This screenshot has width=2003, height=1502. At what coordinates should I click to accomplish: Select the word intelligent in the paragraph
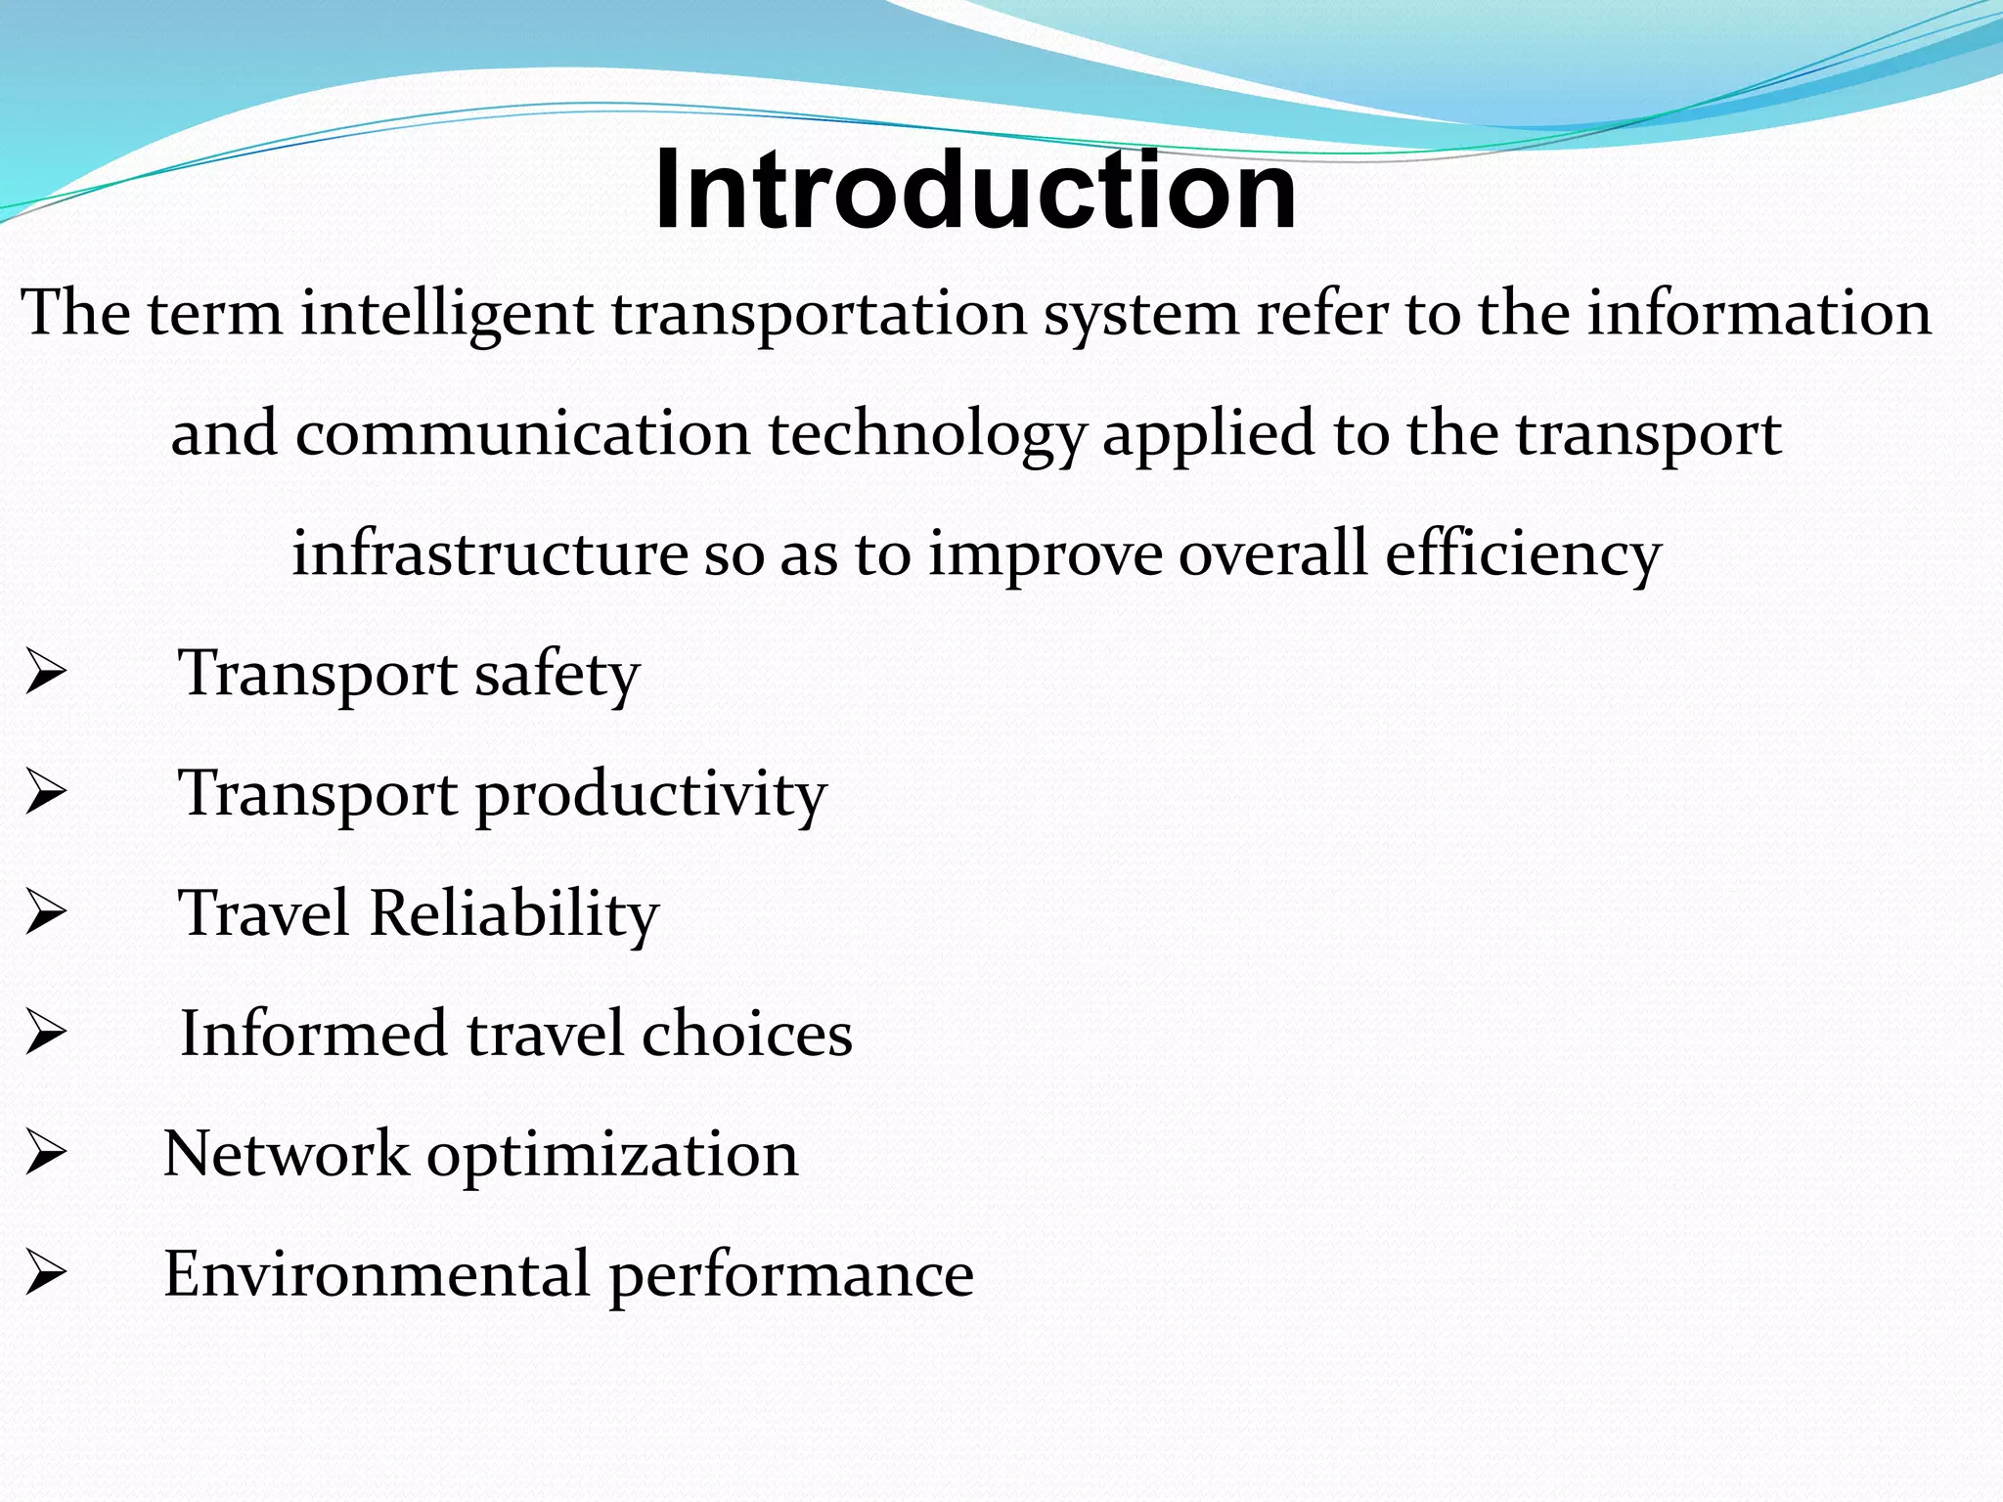click(446, 315)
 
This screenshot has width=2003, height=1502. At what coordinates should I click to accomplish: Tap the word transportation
click(819, 315)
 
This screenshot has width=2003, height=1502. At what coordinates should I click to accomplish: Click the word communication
click(522, 434)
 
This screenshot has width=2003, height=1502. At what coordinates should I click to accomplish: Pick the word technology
click(926, 436)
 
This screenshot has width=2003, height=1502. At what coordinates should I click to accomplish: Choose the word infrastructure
click(489, 553)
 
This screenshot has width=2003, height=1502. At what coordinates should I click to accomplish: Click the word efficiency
click(1523, 555)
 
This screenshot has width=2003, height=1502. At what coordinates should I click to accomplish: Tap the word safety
click(556, 676)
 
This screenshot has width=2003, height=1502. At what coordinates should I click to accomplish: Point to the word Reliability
click(514, 914)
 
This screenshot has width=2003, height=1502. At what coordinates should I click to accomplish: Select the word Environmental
click(377, 1274)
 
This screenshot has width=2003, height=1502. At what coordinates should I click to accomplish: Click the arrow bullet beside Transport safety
click(45, 675)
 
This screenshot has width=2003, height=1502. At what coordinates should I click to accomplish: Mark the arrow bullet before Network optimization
click(45, 1154)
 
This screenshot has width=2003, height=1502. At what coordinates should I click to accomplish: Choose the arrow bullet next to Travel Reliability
click(45, 914)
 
